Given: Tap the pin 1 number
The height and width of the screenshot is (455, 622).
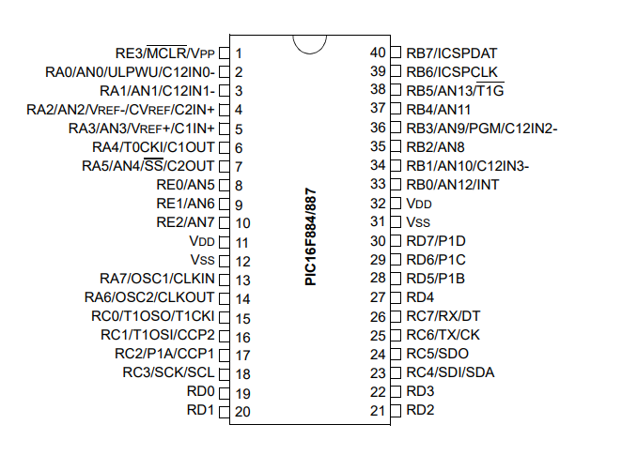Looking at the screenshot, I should point(240,53).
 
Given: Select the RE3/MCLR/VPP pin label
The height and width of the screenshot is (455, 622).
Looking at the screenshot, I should point(165,53).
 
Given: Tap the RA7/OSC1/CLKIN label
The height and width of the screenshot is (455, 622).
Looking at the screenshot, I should point(157,279).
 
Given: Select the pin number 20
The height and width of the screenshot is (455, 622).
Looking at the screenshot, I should point(242,411).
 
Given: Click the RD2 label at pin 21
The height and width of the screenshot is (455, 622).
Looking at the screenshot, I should point(420,410).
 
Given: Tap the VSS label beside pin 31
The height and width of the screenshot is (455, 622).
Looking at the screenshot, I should point(418,222).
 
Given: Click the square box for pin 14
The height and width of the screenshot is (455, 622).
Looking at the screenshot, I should point(224,297).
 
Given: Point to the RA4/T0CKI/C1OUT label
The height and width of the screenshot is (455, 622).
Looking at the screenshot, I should point(154,147).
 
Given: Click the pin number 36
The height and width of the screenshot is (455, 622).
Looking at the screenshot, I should point(379,128).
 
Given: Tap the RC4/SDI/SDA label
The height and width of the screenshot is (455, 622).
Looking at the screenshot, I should point(450,372).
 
